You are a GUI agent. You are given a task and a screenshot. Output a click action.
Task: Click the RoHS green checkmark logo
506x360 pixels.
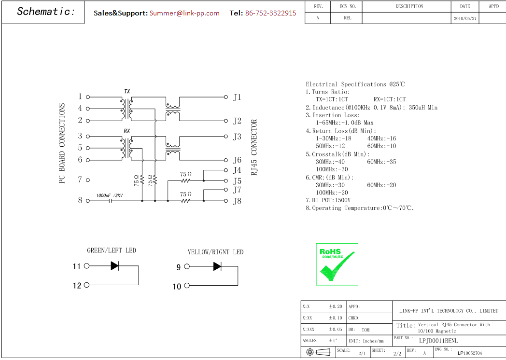(x=337, y=264)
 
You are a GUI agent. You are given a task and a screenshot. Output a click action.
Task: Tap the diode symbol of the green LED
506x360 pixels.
(x=114, y=266)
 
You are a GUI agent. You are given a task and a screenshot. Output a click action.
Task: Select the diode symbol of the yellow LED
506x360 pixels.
(x=217, y=266)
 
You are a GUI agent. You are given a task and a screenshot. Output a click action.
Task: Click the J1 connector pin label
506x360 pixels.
(x=237, y=97)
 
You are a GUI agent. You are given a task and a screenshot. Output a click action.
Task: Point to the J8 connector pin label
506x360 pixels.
(x=237, y=201)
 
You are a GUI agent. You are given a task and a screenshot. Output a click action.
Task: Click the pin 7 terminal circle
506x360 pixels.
(x=88, y=180)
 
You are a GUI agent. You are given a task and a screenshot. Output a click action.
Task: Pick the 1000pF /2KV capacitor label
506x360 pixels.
(x=110, y=195)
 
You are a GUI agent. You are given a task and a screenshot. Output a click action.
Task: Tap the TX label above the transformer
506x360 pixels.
(x=127, y=92)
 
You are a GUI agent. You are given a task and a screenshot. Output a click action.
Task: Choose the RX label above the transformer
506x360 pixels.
(x=127, y=131)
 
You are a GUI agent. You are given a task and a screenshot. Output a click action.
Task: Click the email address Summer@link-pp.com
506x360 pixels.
(x=184, y=13)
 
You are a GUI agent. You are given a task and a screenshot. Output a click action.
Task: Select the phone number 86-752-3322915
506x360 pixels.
(x=270, y=13)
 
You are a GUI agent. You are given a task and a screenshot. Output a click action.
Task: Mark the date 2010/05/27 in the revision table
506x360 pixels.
(x=465, y=18)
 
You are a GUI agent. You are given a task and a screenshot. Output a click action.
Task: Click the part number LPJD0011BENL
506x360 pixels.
(x=438, y=341)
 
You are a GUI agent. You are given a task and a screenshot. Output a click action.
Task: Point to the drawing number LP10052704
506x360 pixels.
(x=469, y=353)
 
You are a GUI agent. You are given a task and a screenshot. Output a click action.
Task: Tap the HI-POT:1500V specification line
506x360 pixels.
(x=328, y=200)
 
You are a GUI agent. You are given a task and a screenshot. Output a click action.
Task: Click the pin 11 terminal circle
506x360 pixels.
(x=86, y=266)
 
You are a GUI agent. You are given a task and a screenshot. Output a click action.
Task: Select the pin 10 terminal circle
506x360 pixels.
(x=187, y=286)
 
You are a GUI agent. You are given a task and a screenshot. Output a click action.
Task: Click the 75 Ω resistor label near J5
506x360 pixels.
(x=185, y=174)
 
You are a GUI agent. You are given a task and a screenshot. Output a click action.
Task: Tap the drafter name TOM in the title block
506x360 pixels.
(x=365, y=330)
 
